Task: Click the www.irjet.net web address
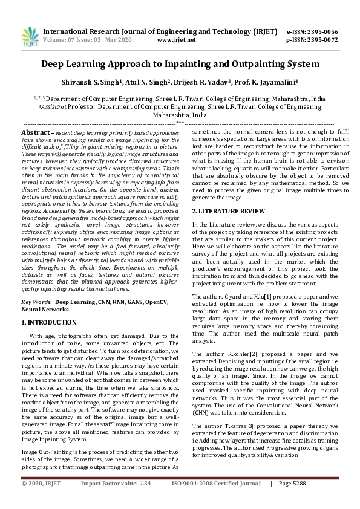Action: tap(176, 40)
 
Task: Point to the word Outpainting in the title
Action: tap(246, 63)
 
